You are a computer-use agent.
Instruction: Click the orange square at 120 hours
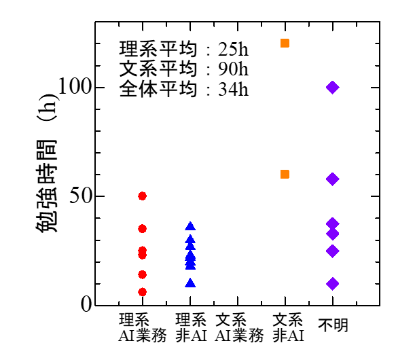coord(285,43)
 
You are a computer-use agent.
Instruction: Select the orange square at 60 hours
coord(285,175)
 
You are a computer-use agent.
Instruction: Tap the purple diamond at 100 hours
coord(332,87)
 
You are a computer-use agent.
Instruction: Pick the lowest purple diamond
coord(332,283)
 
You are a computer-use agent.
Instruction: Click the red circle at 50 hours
coord(142,196)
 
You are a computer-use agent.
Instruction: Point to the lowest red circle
coord(142,292)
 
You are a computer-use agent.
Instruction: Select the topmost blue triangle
coord(190,226)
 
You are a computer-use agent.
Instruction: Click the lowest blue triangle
coord(190,283)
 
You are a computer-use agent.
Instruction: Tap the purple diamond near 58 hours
coord(332,179)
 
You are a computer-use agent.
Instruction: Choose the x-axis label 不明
coord(333,325)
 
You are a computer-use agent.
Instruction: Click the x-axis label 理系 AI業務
coord(142,327)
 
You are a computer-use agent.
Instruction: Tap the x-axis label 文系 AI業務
coord(238,327)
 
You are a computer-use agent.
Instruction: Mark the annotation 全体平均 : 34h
coord(183,90)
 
